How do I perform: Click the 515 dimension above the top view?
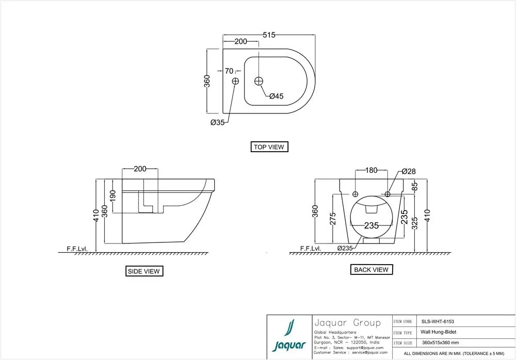pos(269,35)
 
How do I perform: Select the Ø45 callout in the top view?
pos(277,96)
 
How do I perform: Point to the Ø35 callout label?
pos(218,122)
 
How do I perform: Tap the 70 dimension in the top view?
pos(229,71)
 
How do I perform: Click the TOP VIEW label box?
pos(269,147)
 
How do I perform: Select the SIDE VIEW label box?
pos(144,271)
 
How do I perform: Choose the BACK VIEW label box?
pos(372,270)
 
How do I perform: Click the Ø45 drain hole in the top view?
pos(259,81)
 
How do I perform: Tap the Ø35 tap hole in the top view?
pos(235,81)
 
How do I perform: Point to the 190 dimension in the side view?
pos(113,195)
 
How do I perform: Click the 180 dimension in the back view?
pos(371,170)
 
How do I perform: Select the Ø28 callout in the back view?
pos(409,171)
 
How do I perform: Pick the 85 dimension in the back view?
pos(415,186)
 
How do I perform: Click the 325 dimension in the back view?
pos(415,223)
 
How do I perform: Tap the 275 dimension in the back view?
pos(333,219)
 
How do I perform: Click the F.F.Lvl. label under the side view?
pos(77,249)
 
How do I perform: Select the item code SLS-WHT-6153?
pos(438,321)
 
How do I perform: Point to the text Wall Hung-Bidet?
pos(438,332)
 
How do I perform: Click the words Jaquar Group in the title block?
pos(347,323)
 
